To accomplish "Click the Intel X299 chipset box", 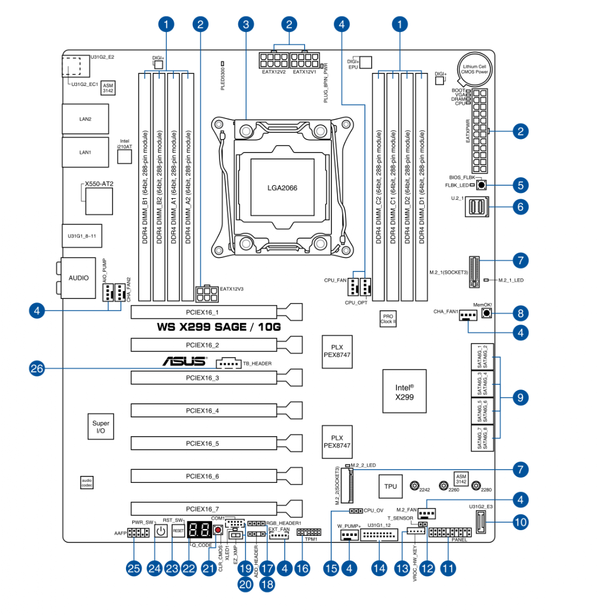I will pos(404,392).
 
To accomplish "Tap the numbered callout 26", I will pos(37,368).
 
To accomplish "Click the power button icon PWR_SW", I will pos(161,531).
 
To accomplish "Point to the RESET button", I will pos(178,531).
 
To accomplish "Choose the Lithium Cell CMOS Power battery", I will pos(474,69).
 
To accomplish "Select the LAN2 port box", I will pos(85,119).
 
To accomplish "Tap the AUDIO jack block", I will pos(79,278).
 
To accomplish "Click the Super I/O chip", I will pos(100,428).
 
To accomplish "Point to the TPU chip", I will pos(390,486).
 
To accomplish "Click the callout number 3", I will pos(246,24).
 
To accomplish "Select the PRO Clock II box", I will pos(388,319).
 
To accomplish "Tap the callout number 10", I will pos(520,520).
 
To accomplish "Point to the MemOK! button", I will pos(486,313).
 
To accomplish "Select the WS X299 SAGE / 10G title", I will pos(219,327).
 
